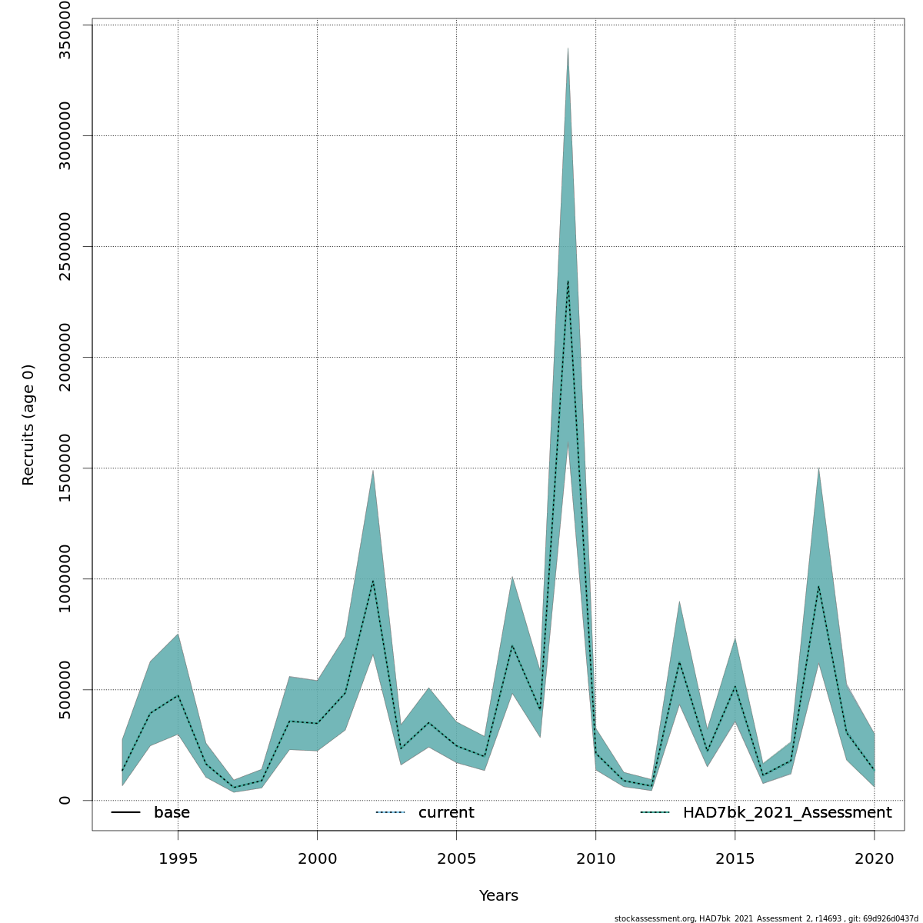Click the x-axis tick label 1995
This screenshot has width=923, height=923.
[x=178, y=858]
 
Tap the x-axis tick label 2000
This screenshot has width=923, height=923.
[x=317, y=858]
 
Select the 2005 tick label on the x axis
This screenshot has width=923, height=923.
[x=456, y=858]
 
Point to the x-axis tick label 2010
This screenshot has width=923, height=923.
[x=595, y=858]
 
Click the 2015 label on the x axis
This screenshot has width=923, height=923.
[x=735, y=858]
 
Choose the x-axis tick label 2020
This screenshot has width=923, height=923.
[x=874, y=858]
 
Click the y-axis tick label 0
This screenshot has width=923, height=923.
[x=65, y=800]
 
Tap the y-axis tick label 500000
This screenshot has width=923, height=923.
[x=65, y=689]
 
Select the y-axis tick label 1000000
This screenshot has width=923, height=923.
[x=65, y=578]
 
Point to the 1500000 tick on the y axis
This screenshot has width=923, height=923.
[x=65, y=468]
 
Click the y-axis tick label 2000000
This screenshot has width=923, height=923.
[x=65, y=357]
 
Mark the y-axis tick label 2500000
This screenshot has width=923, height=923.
[x=65, y=246]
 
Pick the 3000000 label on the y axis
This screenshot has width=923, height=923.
[x=65, y=135]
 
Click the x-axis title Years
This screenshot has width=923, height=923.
[x=498, y=896]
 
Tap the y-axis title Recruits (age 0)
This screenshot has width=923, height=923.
[x=28, y=425]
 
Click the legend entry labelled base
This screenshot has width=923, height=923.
[x=172, y=813]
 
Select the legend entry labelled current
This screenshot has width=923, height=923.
[x=446, y=813]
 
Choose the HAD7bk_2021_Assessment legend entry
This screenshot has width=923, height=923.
[x=787, y=813]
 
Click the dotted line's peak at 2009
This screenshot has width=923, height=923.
[x=568, y=281]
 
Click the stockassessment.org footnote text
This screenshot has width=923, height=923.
[x=766, y=918]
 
